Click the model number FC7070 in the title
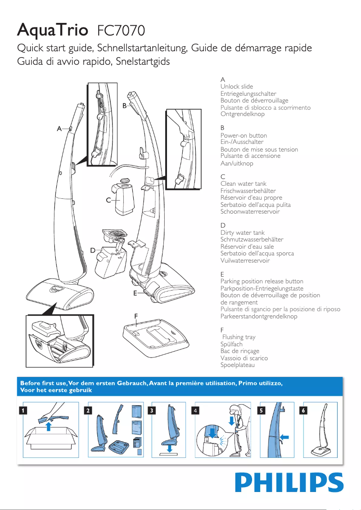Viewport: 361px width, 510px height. pos(121,31)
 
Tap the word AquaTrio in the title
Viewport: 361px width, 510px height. pos(52,31)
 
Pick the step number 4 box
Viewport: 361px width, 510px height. pos(194,410)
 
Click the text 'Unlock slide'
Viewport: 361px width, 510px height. pos(237,86)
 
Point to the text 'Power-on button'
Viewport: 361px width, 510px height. pos(244,135)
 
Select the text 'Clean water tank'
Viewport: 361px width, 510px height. pos(243,183)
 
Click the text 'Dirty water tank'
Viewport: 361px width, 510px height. pos(243,233)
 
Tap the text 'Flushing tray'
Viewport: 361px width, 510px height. pos(239,337)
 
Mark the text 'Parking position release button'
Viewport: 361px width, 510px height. pos(262,281)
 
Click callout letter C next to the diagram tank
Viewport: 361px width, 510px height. pos(108,201)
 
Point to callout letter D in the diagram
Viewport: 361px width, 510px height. pos(92,250)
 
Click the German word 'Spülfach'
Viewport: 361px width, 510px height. pos(231,344)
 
